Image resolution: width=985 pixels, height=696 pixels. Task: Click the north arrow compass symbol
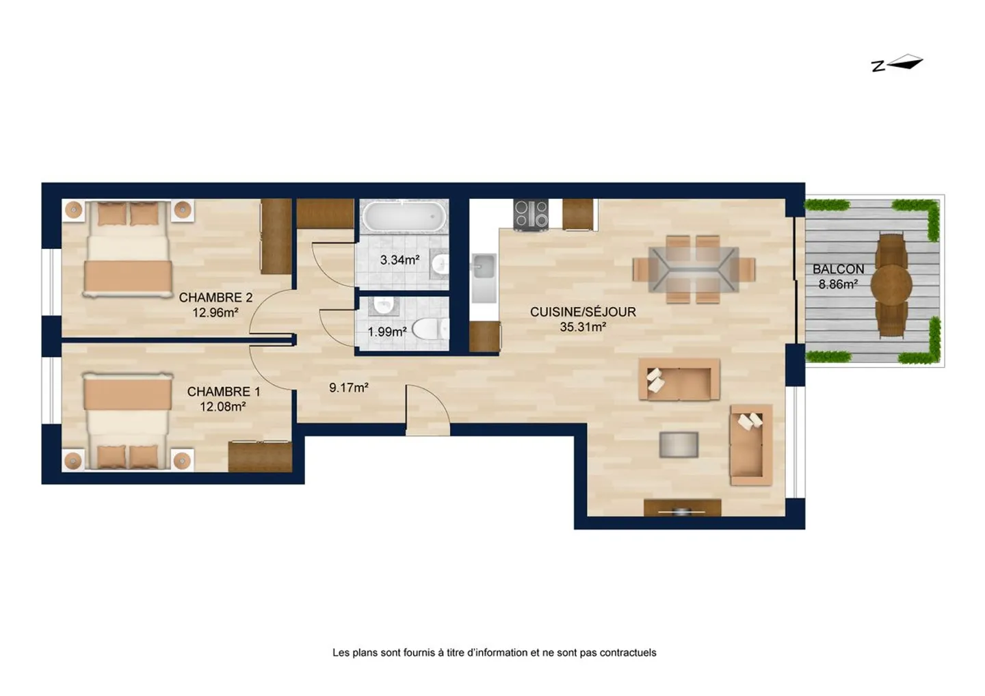897,64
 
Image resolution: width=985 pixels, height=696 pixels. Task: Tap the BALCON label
838,269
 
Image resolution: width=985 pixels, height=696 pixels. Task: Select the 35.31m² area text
583,327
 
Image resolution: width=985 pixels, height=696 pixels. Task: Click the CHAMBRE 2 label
215,297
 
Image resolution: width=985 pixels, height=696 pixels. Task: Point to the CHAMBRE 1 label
224,392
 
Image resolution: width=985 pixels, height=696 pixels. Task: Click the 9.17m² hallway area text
349,388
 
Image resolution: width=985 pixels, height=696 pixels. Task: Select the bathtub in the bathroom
404,217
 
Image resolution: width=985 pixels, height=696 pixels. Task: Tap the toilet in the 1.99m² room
428,330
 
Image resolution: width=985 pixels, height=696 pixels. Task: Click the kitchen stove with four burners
531,213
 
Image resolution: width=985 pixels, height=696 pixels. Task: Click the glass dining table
694,269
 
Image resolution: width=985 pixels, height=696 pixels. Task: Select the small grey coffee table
679,445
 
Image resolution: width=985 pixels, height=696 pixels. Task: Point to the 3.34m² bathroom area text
399,260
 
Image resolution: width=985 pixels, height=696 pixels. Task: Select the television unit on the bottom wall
682,507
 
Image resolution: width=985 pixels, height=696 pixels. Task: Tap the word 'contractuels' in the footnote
627,653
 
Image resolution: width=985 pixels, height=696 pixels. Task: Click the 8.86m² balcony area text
838,284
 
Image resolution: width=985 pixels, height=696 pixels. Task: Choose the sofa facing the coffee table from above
679,379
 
